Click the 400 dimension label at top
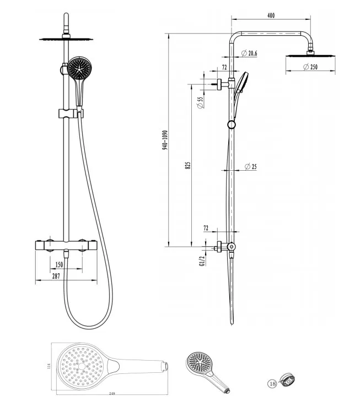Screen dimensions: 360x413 [271, 15]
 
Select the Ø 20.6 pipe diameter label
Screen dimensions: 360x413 [249, 53]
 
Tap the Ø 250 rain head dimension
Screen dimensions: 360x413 [310, 67]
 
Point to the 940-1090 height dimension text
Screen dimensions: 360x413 [165, 140]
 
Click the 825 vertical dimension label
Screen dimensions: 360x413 [188, 165]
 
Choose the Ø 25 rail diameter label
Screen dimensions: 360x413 [250, 166]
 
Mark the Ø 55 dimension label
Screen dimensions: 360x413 [201, 103]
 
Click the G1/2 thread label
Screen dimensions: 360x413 [202, 261]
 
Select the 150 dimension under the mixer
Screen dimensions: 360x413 [59, 264]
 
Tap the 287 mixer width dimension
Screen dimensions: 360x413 [56, 276]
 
